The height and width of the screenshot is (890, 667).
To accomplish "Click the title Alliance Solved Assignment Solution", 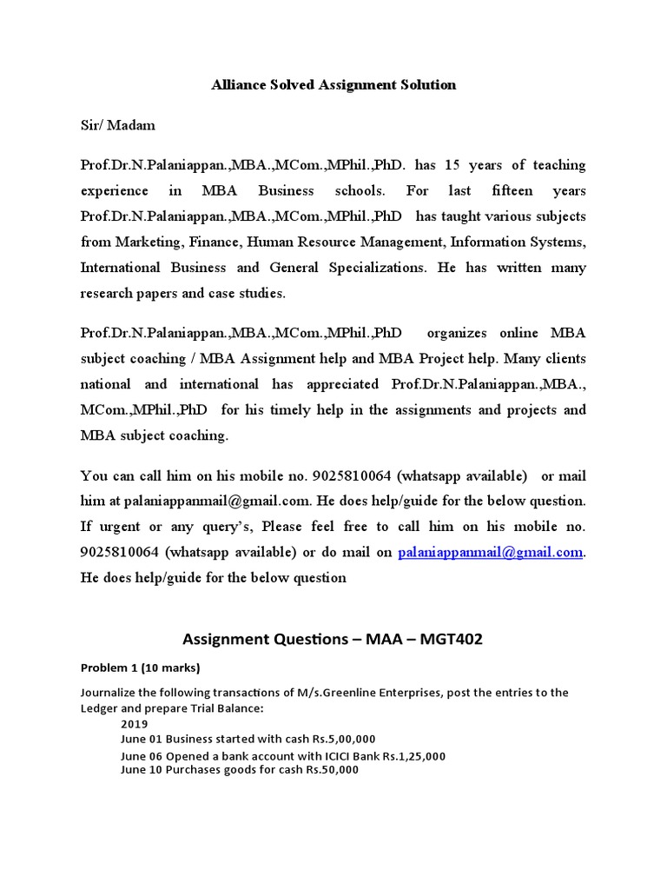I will point(333,85).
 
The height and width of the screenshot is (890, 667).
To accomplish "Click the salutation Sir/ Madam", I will point(118,125).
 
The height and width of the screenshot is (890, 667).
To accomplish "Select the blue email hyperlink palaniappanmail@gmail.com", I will point(491,552).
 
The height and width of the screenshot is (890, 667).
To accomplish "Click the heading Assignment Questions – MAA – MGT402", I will point(333,640).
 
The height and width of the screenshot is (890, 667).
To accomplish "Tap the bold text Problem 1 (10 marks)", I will point(140,668).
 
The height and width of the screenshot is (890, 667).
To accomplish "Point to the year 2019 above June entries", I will point(135,724).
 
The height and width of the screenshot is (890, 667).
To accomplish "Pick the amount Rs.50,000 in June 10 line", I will point(332,770).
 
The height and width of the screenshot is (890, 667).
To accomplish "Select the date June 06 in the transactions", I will point(142,755).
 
